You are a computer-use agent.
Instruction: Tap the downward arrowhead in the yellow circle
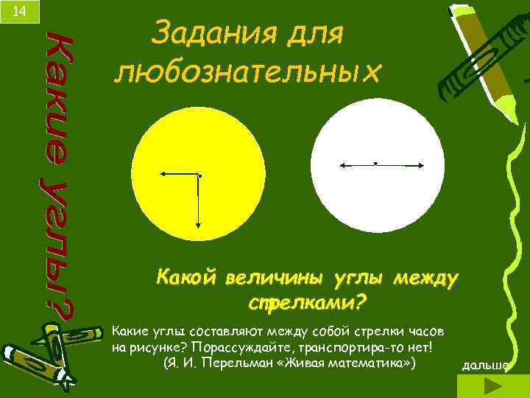pos(199,228)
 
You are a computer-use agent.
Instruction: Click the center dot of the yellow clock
pos(199,176)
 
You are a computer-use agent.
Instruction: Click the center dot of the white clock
pos(375,162)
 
